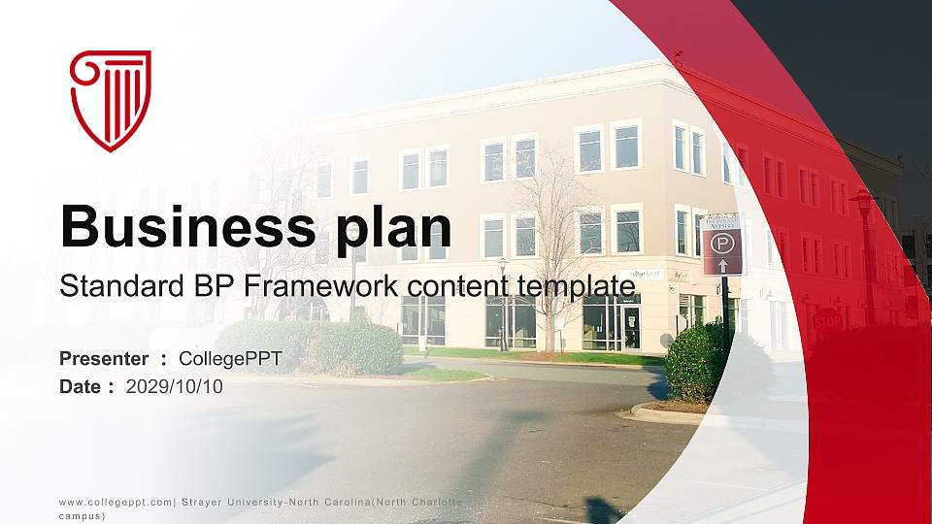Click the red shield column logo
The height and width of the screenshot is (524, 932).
click(x=111, y=101)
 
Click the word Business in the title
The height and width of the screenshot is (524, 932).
click(x=183, y=226)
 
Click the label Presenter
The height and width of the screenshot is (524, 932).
click(x=104, y=360)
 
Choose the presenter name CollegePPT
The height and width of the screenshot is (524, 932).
click(x=230, y=360)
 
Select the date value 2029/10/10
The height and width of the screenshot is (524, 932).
click(x=175, y=387)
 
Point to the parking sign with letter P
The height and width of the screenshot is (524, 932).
click(x=721, y=240)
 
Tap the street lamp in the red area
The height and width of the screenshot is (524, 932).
click(x=864, y=252)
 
